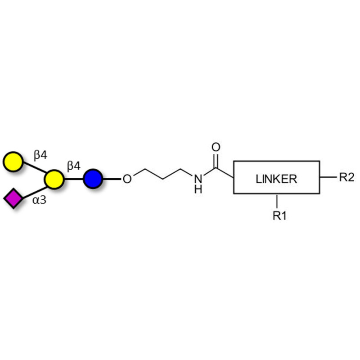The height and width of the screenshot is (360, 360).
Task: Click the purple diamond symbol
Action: click(13, 198)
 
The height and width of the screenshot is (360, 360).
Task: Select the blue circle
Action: click(93, 179)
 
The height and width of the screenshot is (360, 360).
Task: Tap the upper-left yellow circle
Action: click(13, 162)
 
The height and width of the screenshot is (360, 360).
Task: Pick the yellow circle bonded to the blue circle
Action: click(54, 179)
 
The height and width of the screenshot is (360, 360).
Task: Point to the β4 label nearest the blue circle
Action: click(73, 166)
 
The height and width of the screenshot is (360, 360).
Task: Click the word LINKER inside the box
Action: click(276, 179)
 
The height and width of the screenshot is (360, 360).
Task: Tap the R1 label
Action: click(279, 216)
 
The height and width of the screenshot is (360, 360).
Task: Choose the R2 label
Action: click(346, 177)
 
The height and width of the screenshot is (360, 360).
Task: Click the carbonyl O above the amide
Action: click(216, 147)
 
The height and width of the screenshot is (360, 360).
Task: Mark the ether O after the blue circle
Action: click(127, 179)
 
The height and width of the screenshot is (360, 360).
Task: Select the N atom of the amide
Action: click(197, 179)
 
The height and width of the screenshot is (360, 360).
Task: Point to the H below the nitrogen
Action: click(198, 189)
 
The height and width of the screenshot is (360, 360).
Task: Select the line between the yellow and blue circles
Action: click(73, 179)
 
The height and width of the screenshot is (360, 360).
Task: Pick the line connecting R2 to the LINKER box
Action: click(328, 177)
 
